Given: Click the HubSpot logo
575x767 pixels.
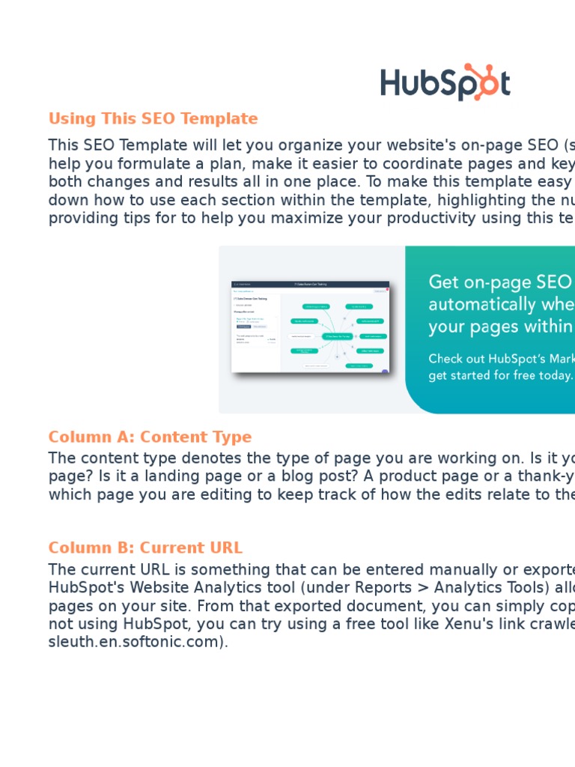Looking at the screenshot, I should click(445, 82).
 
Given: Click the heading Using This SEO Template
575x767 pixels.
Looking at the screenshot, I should click(153, 118).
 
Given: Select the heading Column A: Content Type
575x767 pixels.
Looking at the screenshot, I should click(150, 437).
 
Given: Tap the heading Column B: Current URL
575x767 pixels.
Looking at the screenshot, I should click(145, 548).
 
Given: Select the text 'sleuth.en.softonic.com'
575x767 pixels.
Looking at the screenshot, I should click(136, 643).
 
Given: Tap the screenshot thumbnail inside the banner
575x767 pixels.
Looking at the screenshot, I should click(311, 327).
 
